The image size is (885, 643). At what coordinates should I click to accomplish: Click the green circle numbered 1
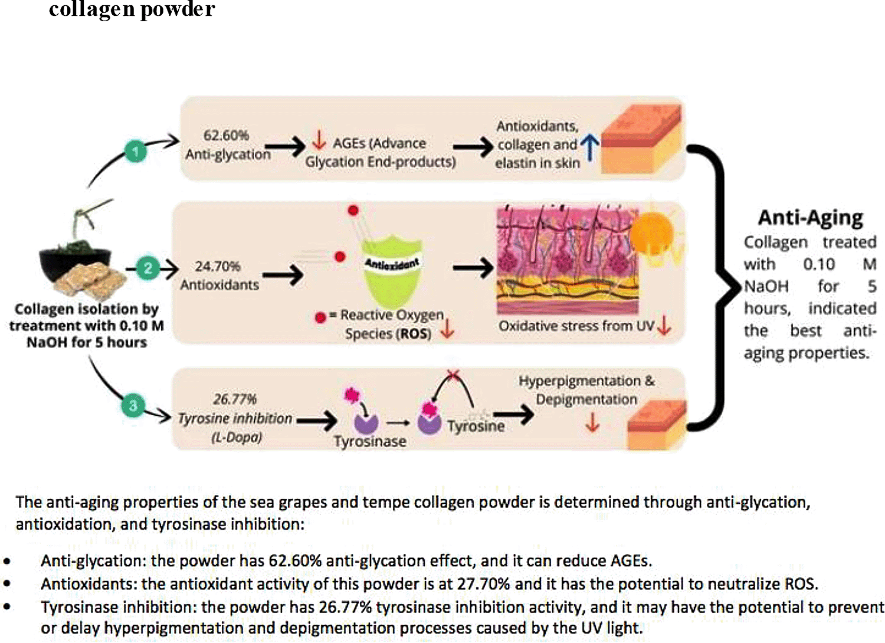tap(135, 152)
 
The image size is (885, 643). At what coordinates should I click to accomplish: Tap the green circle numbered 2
tap(147, 269)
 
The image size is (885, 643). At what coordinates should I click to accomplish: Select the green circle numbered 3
tap(133, 406)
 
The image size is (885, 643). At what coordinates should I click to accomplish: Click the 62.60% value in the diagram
tap(226, 135)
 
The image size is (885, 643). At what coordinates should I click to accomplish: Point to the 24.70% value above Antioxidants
tap(218, 266)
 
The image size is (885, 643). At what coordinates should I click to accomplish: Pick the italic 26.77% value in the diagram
tap(235, 399)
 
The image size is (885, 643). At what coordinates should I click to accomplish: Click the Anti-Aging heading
tap(810, 218)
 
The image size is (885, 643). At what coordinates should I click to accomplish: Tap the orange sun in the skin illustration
tap(651, 233)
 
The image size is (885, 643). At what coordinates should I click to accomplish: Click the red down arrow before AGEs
tap(319, 140)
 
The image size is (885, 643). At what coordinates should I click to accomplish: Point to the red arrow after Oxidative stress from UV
tap(664, 324)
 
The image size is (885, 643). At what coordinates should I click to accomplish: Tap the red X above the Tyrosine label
tap(453, 375)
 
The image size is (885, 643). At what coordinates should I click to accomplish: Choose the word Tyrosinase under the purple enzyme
tap(370, 441)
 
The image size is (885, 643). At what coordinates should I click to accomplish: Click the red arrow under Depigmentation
tap(592, 422)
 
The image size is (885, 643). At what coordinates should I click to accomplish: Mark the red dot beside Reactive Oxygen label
tap(320, 317)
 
